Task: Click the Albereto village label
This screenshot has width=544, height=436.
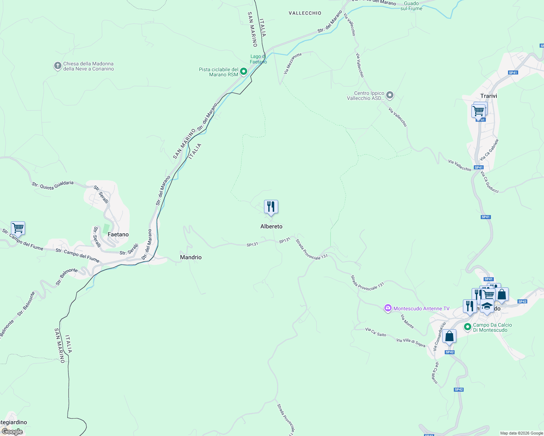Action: tap(271, 226)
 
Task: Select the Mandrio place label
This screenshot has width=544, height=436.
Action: tap(191, 257)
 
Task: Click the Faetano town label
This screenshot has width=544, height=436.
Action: tap(118, 235)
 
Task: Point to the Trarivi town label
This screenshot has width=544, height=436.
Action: tap(488, 96)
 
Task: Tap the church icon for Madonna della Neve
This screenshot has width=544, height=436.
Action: tap(57, 66)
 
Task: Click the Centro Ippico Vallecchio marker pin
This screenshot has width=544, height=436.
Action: tap(390, 96)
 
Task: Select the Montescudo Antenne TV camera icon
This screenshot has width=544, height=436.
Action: tap(388, 308)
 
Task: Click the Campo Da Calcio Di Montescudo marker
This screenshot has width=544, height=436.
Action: tap(468, 327)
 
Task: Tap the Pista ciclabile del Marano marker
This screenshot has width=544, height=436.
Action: tap(244, 72)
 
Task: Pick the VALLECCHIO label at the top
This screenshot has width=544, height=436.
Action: tap(305, 13)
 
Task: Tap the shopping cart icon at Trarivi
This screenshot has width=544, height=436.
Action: tap(479, 110)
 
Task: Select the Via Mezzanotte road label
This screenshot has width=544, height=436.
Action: tap(293, 64)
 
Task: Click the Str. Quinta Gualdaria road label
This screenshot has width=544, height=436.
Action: tap(53, 185)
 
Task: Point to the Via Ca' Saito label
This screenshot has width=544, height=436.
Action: tap(376, 332)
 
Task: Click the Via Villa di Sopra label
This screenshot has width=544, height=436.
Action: tap(411, 343)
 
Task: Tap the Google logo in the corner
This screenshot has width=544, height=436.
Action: tap(12, 431)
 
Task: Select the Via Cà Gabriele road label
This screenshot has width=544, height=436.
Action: tap(489, 150)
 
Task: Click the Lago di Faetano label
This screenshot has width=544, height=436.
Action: tap(258, 59)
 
